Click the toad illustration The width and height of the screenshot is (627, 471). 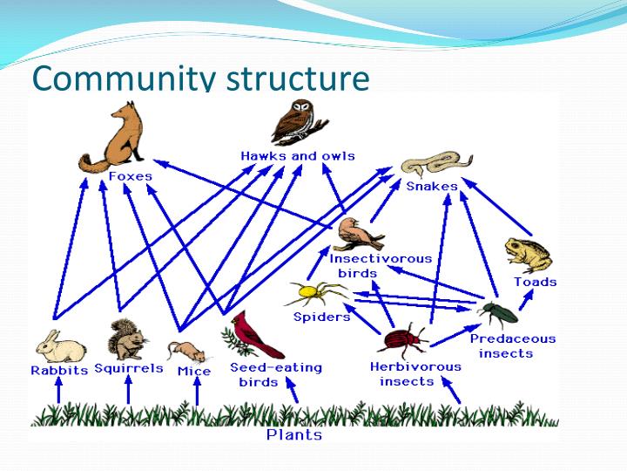click(528, 255)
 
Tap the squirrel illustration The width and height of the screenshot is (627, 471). click(127, 340)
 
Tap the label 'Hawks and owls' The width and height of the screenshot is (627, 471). click(298, 155)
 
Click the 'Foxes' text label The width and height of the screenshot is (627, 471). click(130, 176)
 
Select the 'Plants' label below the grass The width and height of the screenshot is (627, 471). click(293, 434)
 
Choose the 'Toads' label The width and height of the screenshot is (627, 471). click(535, 282)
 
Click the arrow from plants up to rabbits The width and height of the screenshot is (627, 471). click(58, 392)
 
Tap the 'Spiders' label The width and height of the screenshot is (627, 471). click(321, 317)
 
